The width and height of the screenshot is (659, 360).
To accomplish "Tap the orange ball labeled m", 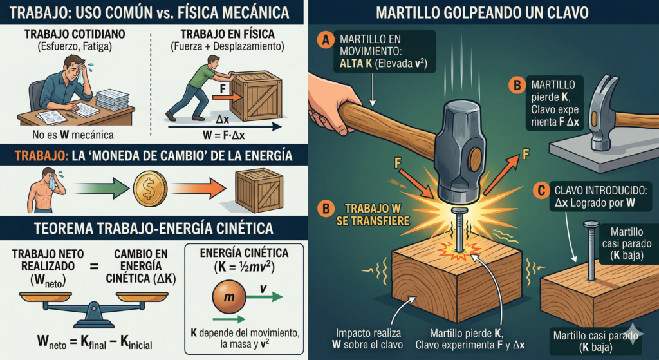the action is coord(228,296).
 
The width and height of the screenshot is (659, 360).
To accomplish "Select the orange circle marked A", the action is coord(324,40).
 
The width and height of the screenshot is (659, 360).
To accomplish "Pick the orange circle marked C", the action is coord(541,191).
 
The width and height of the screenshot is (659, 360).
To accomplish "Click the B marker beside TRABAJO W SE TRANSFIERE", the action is coord(325,209).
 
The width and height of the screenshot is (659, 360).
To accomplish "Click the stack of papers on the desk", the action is coord(112,100).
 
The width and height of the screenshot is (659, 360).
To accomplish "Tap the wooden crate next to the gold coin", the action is coord(259,191).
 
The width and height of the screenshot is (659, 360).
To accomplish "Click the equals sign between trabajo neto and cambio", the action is coord(94,266).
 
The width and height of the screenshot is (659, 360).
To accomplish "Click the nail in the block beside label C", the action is coord(591,251).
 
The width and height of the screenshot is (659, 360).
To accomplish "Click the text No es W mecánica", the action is coord(73,135).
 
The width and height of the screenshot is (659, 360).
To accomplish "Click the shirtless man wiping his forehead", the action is coord(46,190).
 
